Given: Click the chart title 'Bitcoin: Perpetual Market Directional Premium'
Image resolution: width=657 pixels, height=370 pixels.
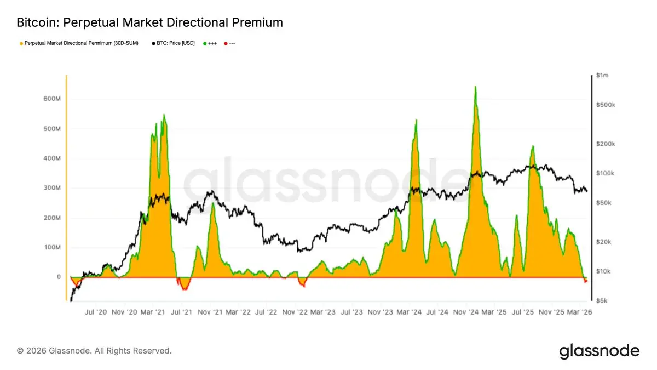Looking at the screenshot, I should click(149, 22).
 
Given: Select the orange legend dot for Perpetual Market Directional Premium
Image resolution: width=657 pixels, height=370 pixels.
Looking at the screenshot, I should click(21, 42).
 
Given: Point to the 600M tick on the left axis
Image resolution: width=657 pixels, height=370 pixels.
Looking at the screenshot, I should click(51, 99).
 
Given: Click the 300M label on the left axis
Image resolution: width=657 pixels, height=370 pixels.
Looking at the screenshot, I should click(51, 188).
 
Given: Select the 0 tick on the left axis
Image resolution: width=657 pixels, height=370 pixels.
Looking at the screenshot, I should click(58, 277).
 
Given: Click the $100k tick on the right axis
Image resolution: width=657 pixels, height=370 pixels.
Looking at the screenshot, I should click(606, 173).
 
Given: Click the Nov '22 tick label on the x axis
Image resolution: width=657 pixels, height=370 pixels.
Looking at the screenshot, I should click(296, 312).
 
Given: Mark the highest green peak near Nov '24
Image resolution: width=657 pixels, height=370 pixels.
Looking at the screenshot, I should click(475, 87).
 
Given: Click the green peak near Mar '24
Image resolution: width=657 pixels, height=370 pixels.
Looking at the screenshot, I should click(417, 120).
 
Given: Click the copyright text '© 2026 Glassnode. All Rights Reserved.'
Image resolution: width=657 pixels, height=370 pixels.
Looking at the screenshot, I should click(94, 350).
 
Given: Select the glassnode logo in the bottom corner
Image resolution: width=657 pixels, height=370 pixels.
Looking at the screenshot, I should click(599, 351).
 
